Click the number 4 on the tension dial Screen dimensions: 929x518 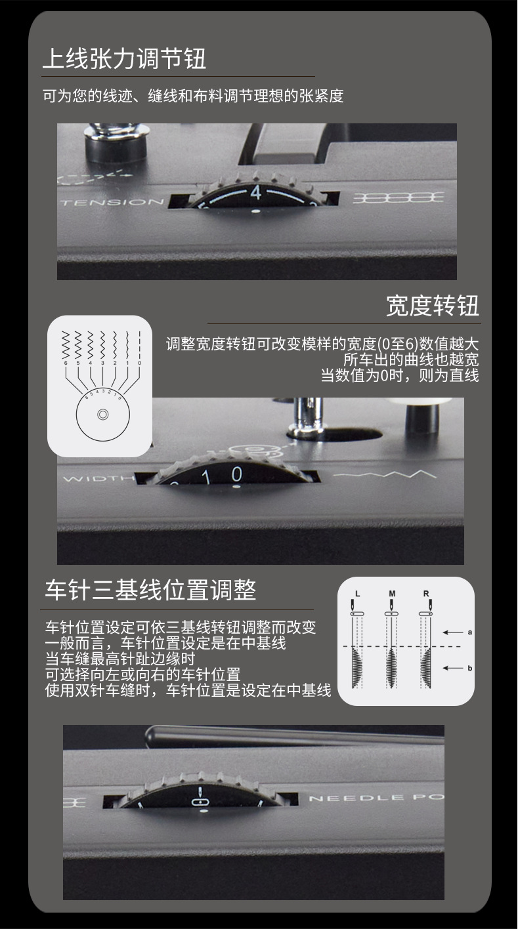click(256, 193)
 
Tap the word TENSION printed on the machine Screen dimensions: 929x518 click(112, 202)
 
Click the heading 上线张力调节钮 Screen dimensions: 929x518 click(124, 59)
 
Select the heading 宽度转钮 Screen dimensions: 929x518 click(432, 306)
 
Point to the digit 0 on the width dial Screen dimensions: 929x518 click(236, 474)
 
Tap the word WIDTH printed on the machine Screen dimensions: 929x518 click(95, 478)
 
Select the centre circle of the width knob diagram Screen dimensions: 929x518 click(102, 415)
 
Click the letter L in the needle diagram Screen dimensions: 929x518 click(357, 593)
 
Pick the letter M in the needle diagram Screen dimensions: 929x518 click(392, 593)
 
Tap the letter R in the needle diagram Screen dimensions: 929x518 click(426, 593)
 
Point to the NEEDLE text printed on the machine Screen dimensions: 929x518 click(347, 798)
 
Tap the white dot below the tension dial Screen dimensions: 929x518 click(255, 211)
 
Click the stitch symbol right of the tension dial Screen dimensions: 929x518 click(398, 197)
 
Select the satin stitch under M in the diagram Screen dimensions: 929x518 click(392, 666)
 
